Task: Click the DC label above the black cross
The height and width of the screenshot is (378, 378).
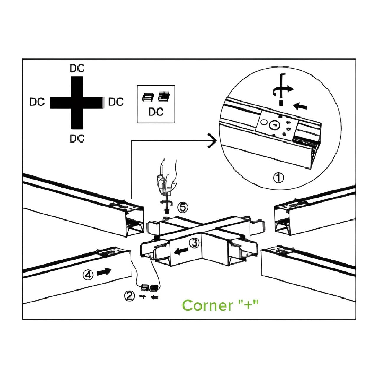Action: [x=77, y=69]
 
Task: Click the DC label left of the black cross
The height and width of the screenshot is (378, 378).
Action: [x=37, y=102]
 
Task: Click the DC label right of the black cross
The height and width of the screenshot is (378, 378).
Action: [x=116, y=102]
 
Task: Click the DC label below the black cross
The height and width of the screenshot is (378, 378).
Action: [x=77, y=138]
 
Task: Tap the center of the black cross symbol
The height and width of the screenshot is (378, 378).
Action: [x=77, y=102]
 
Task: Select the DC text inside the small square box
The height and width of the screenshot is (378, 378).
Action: [x=156, y=112]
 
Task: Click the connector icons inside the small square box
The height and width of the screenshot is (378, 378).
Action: [x=156, y=97]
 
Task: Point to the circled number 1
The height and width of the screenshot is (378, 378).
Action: [x=278, y=178]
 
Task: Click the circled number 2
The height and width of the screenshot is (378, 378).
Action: [x=129, y=296]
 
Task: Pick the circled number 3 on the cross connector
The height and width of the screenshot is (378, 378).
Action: [x=194, y=243]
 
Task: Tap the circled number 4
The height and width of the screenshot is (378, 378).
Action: [x=88, y=275]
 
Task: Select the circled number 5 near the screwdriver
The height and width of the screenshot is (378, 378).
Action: [x=183, y=208]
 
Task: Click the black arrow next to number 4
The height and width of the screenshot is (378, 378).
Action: [x=104, y=271]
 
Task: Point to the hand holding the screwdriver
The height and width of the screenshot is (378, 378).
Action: [x=167, y=177]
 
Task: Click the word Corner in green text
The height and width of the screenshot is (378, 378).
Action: [x=208, y=305]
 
